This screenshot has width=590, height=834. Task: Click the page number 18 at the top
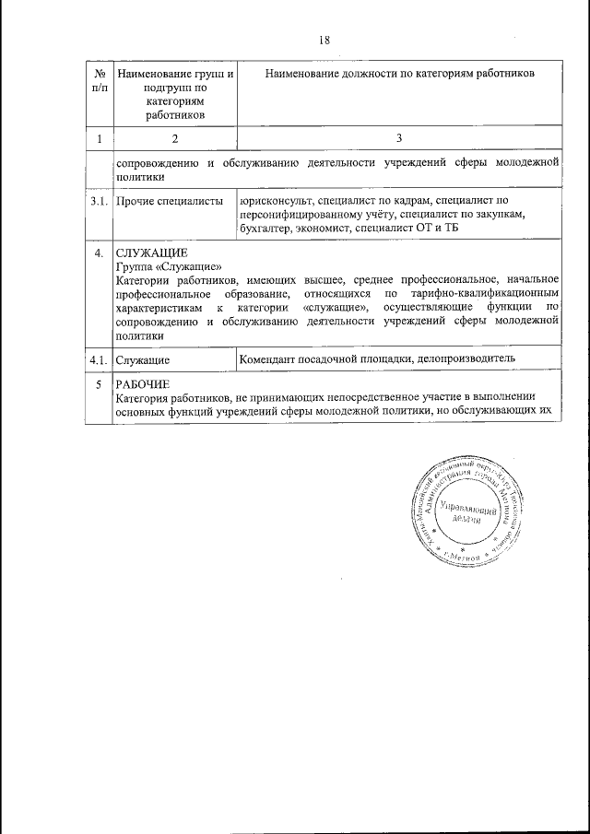[324, 40]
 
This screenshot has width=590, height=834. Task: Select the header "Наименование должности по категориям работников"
[399, 73]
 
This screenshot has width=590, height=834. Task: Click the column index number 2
[171, 138]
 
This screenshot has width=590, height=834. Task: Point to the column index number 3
[398, 138]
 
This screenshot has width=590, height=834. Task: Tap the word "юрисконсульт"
[274, 200]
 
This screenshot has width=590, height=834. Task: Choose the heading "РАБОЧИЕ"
[143, 384]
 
